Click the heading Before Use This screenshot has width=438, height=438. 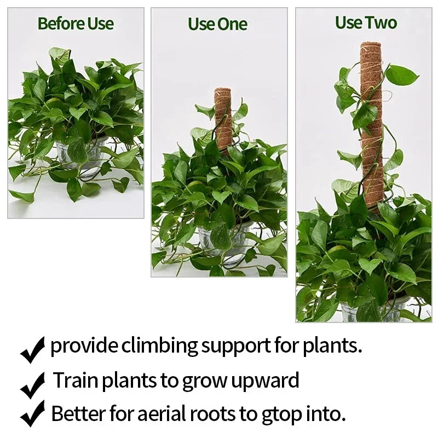(x=76, y=24)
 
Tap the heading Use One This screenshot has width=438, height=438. (x=217, y=24)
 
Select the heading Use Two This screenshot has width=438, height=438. (x=366, y=23)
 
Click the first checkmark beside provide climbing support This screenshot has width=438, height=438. (x=32, y=350)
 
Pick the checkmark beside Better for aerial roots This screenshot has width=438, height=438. (x=32, y=414)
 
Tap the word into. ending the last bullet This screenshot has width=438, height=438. (x=328, y=413)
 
